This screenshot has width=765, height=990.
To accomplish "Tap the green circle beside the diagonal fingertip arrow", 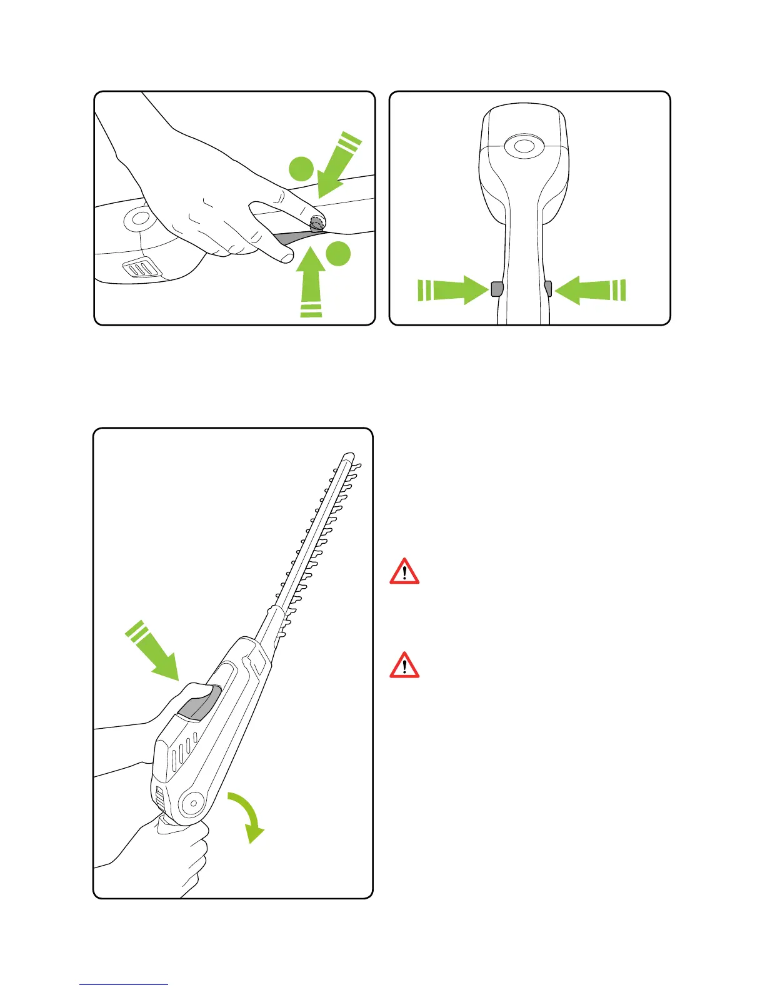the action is [301, 169].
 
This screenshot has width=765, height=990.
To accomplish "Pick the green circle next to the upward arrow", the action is [338, 253].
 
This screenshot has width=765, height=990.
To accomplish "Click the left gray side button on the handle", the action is [497, 289].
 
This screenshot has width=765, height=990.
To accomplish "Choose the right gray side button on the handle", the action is [548, 288].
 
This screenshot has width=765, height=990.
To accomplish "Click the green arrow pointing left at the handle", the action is [589, 291].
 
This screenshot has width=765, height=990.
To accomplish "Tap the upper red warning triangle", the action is [404, 571].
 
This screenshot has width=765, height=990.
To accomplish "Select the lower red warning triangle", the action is [404, 666].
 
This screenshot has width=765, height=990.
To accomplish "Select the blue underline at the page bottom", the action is [124, 984].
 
